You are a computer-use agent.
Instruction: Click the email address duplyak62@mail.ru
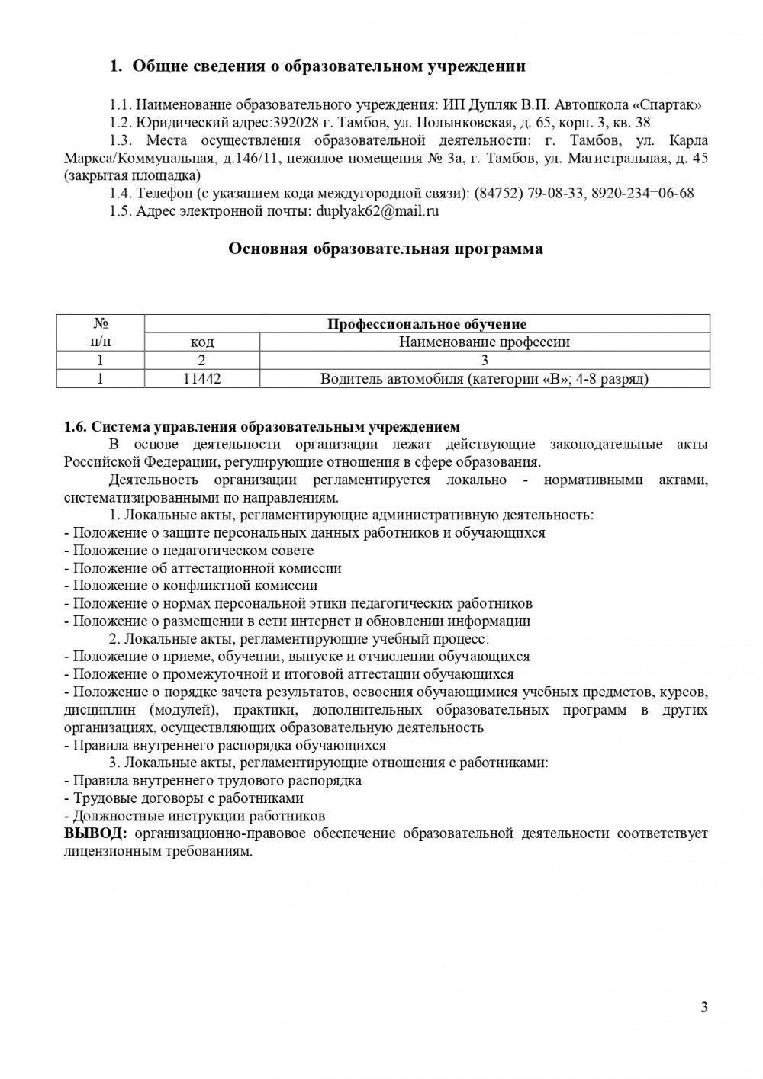(x=378, y=211)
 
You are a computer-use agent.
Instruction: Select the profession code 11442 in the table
(x=202, y=378)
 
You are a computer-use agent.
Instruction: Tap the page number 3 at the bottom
(x=704, y=1007)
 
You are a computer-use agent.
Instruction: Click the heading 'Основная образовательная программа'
(x=386, y=249)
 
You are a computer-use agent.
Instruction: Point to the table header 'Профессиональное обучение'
(x=427, y=324)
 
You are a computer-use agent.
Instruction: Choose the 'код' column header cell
(x=202, y=342)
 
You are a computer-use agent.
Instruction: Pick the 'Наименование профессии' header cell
(x=485, y=342)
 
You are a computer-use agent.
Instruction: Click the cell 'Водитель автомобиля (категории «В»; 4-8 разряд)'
(x=485, y=378)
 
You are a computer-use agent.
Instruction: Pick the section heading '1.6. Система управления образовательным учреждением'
(x=262, y=427)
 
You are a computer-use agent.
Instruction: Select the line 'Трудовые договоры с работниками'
(x=188, y=798)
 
